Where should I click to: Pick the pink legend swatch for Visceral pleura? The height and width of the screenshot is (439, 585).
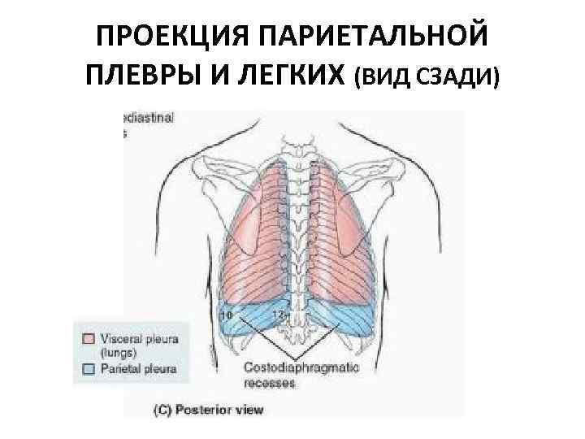point(89,335)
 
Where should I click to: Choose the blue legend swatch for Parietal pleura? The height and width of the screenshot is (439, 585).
point(89,367)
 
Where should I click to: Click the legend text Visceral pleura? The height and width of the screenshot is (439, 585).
point(139,335)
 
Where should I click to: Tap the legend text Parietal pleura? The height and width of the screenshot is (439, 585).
point(137,367)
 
